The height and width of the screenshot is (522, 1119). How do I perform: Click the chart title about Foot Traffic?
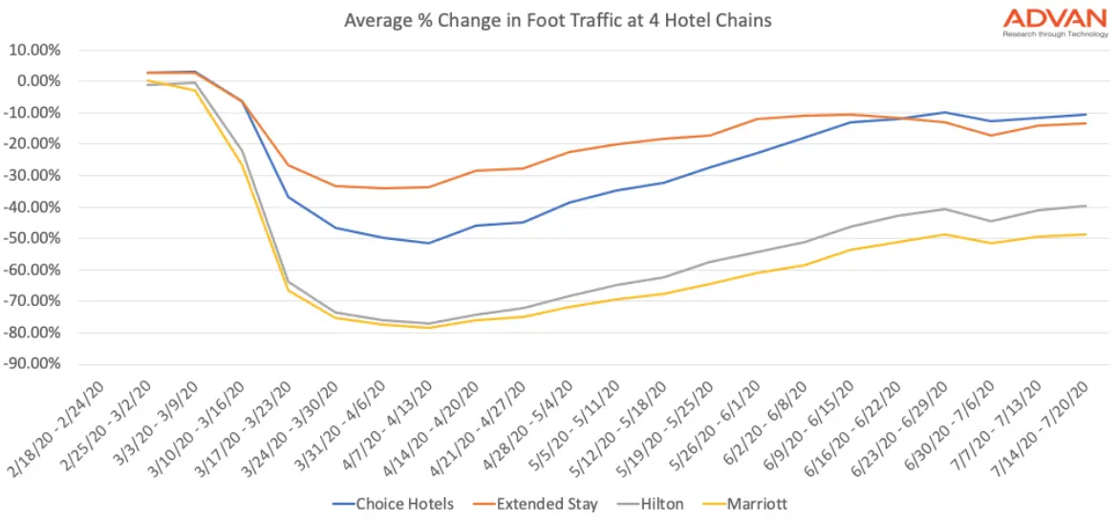pyautogui.click(x=558, y=19)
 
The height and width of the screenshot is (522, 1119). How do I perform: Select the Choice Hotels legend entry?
pyautogui.click(x=395, y=504)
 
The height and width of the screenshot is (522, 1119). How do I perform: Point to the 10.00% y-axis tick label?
pyautogui.click(x=35, y=50)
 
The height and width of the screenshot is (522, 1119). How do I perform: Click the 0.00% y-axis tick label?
pyautogui.click(x=38, y=81)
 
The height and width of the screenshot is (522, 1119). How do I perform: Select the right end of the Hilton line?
pyautogui.click(x=1086, y=206)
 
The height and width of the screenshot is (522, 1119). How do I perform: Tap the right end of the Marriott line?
pyautogui.click(x=1086, y=234)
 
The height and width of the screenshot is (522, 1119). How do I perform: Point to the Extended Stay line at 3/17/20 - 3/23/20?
pyautogui.click(x=289, y=165)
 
